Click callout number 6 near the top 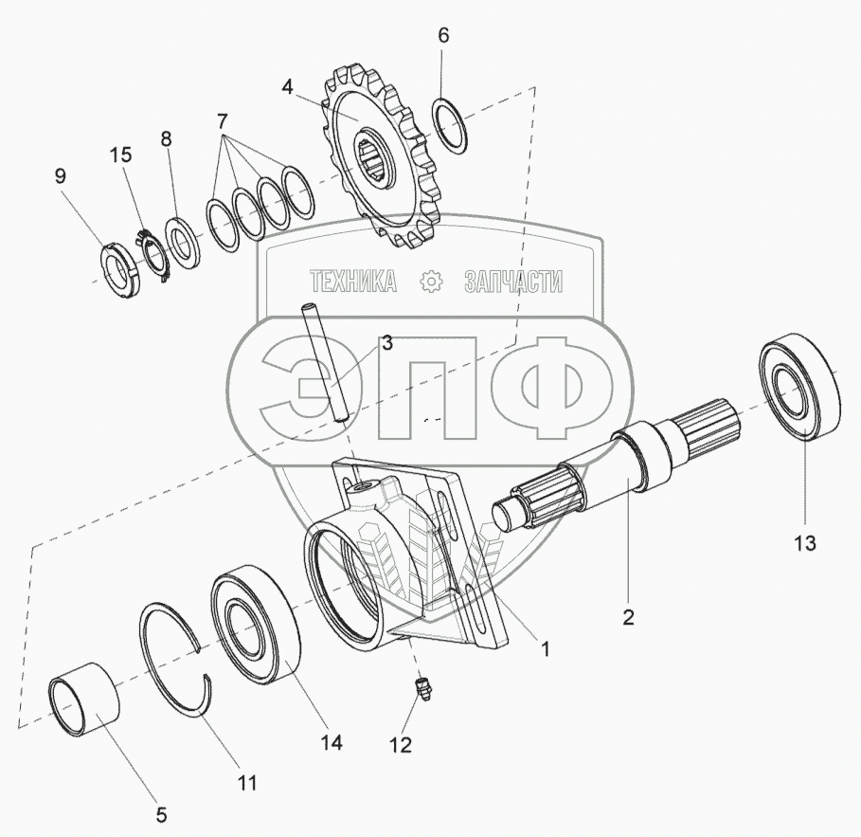coord(443,36)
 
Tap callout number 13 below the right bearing coord(804,543)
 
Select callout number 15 coord(121,155)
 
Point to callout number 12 coord(401,745)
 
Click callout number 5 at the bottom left coord(161,814)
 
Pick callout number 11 coord(246,783)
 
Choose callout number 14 coord(332,742)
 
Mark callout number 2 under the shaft coord(628,617)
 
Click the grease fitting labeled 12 coord(422,687)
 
